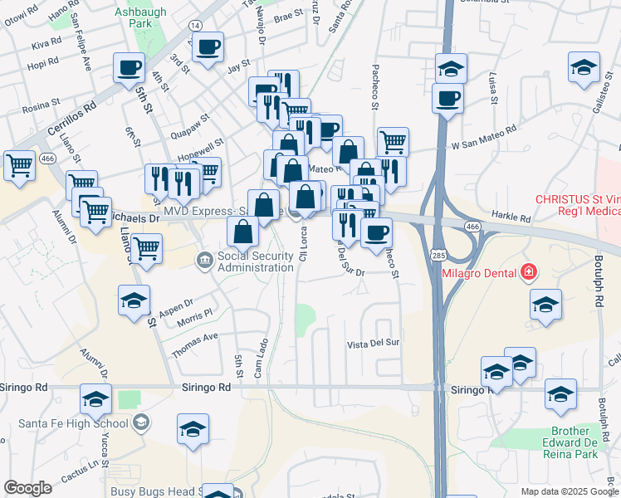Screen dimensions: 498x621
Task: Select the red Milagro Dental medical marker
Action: (x=527, y=271)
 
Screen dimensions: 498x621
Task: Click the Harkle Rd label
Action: (x=515, y=218)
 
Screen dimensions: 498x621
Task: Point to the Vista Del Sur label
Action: (x=374, y=343)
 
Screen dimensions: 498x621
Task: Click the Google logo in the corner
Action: (x=27, y=488)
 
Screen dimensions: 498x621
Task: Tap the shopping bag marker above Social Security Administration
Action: (x=242, y=232)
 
